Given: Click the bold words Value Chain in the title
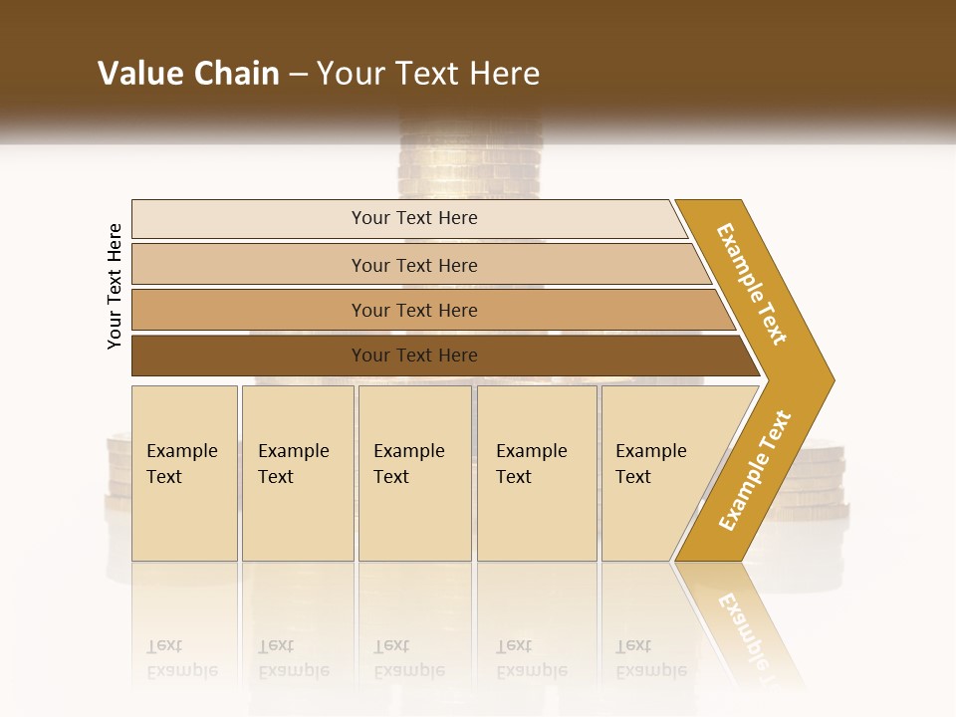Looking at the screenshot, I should [188, 74].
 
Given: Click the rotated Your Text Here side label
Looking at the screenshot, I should [116, 286].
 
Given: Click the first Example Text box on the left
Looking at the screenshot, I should [184, 473].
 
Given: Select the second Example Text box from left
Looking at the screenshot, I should [298, 473].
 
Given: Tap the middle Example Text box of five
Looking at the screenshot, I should [414, 473].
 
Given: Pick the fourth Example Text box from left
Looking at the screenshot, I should [537, 473].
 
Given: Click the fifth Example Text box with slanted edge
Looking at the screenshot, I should [657, 473].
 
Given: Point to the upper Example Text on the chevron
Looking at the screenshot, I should [752, 284].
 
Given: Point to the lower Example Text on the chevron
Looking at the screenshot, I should [755, 471].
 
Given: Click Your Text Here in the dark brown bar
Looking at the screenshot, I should [414, 356].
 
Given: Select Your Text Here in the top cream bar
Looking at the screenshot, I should [414, 218].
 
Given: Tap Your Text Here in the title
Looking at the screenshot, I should [428, 74].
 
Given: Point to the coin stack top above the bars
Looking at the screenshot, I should [468, 159].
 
